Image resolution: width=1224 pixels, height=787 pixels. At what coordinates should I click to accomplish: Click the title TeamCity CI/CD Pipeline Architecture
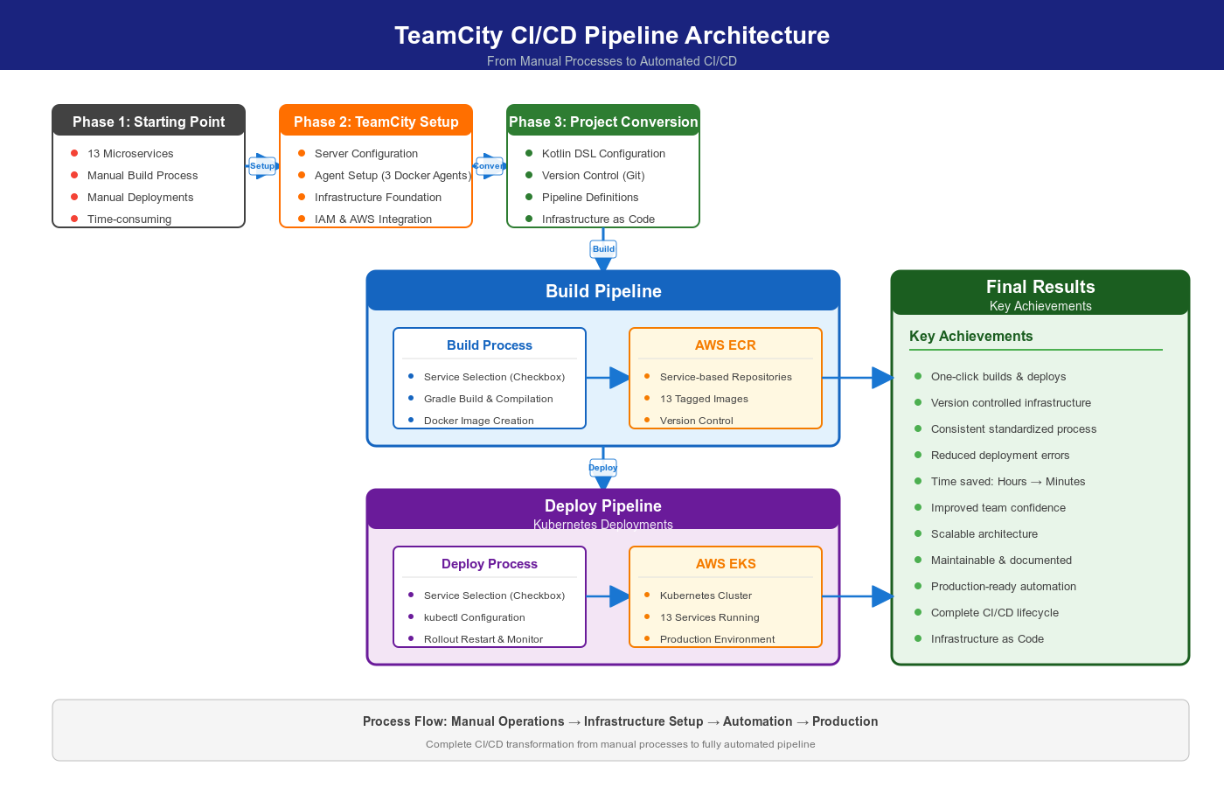(x=612, y=35)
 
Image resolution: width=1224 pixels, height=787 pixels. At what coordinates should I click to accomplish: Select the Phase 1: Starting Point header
(x=149, y=122)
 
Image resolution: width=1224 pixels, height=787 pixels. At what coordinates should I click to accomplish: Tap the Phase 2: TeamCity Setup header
(x=376, y=122)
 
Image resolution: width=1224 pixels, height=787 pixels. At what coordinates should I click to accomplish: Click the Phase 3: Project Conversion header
(x=603, y=122)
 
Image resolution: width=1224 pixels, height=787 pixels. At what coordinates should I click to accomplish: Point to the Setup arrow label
(x=262, y=166)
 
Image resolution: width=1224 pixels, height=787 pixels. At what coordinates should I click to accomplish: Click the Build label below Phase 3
(x=603, y=249)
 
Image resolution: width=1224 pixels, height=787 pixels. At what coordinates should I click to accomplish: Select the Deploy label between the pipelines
(x=603, y=468)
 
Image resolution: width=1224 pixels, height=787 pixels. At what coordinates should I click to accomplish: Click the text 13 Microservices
(x=130, y=154)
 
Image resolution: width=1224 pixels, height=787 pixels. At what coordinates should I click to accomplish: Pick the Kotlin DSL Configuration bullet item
(x=603, y=154)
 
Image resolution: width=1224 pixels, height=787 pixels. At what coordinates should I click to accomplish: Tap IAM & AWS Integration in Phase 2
(x=373, y=219)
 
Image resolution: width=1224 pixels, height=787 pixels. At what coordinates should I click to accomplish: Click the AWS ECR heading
(x=725, y=345)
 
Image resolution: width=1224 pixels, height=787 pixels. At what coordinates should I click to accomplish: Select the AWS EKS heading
(x=725, y=564)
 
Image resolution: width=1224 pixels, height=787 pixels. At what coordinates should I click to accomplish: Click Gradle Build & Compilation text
(x=488, y=399)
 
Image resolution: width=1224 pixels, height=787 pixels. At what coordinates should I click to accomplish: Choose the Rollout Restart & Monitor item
(x=483, y=639)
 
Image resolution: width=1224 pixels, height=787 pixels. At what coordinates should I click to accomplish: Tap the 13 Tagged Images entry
(x=704, y=399)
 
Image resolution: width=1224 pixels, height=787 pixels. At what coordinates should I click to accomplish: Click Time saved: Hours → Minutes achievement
(x=1007, y=482)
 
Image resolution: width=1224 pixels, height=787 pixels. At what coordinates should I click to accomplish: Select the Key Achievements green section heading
(x=970, y=337)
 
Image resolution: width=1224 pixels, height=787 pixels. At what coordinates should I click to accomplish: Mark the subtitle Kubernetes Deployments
(x=603, y=525)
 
